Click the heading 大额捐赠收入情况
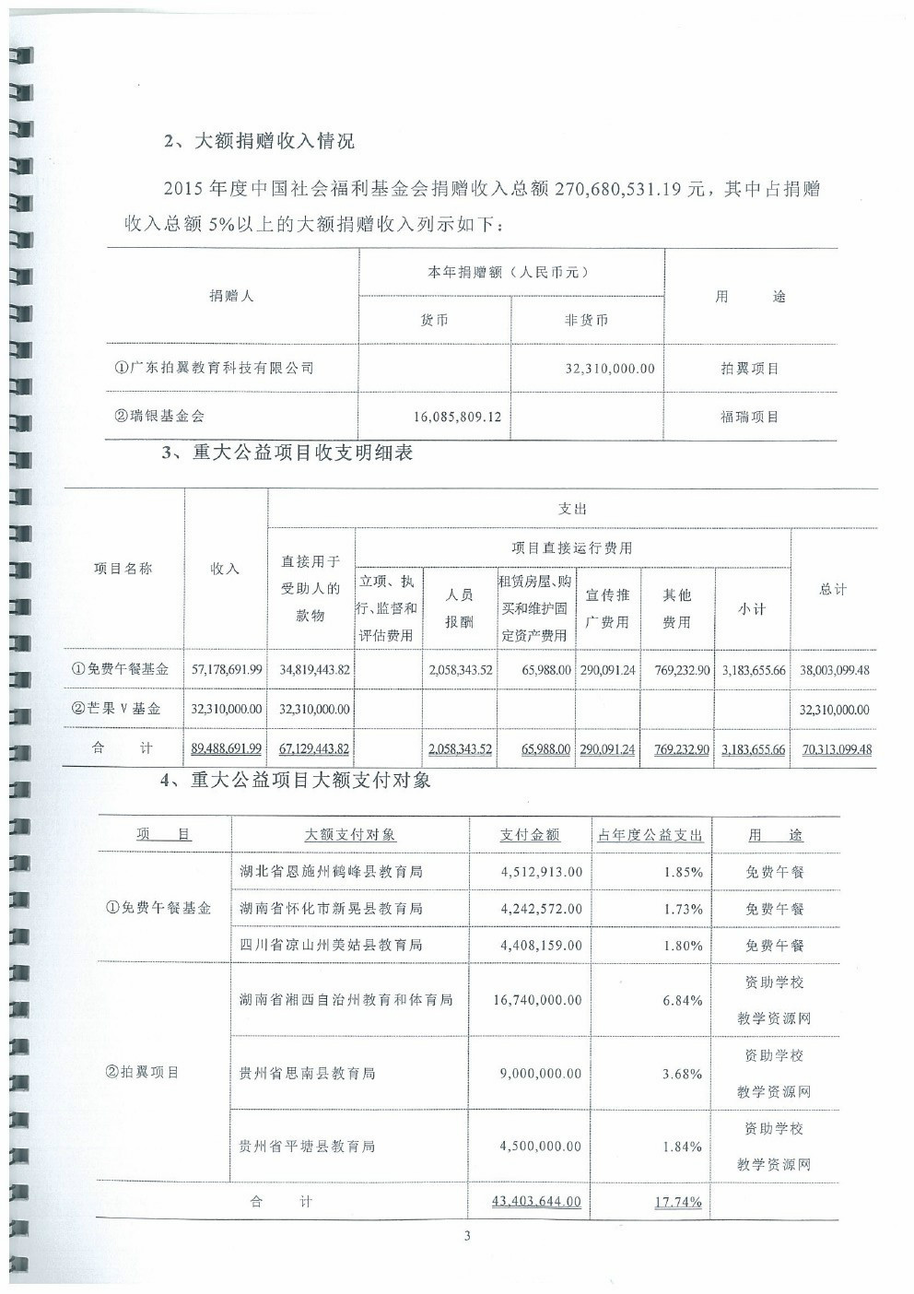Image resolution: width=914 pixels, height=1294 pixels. (x=273, y=141)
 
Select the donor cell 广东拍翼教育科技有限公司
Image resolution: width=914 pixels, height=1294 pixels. (x=214, y=368)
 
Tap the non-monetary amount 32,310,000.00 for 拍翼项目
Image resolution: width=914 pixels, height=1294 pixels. (x=609, y=369)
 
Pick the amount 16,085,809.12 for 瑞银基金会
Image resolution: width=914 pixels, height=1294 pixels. (x=457, y=417)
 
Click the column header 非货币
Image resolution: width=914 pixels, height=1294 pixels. (x=587, y=321)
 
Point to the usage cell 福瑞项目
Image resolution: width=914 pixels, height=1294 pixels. (x=749, y=417)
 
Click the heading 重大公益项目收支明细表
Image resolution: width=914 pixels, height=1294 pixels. (x=302, y=452)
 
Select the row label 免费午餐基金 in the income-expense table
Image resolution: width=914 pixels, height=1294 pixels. (x=122, y=669)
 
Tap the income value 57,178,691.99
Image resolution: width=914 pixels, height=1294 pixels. (x=226, y=670)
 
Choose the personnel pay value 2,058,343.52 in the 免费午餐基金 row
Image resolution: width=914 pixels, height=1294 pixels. (x=460, y=670)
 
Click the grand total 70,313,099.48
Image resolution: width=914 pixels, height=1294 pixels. (x=836, y=749)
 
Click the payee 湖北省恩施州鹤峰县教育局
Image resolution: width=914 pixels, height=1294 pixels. (x=332, y=871)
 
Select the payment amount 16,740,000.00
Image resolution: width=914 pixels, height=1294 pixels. (x=537, y=1000)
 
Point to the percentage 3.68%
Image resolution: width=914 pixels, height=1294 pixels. (x=682, y=1074)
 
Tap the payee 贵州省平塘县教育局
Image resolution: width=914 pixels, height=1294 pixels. (x=307, y=1147)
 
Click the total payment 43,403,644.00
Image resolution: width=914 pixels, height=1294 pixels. (x=536, y=1201)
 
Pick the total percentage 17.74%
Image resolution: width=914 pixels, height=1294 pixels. (x=677, y=1202)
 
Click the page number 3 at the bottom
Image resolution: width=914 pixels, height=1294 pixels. (x=467, y=1236)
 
